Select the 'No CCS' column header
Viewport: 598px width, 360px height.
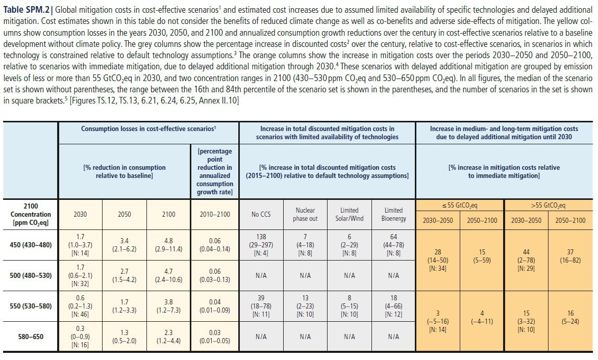[261, 214]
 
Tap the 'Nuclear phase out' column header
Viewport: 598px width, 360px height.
[305, 214]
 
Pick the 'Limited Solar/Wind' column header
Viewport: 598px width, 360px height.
[350, 214]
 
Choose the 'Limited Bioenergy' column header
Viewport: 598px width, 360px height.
[393, 214]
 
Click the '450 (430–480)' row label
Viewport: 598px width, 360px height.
[31, 245]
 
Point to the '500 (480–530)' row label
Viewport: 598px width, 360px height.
[31, 275]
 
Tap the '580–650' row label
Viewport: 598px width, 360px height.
[31, 336]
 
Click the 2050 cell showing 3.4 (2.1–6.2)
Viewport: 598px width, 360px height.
[124, 245]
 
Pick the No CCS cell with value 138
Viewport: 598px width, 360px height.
[261, 245]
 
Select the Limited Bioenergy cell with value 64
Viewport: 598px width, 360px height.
[393, 245]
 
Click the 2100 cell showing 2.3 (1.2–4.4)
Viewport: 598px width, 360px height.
[169, 336]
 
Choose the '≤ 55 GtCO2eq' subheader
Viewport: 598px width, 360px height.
[460, 205]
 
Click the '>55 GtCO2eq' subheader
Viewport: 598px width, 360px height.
[549, 205]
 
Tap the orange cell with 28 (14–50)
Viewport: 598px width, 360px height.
[438, 260]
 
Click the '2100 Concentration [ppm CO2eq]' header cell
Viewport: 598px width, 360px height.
[31, 214]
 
